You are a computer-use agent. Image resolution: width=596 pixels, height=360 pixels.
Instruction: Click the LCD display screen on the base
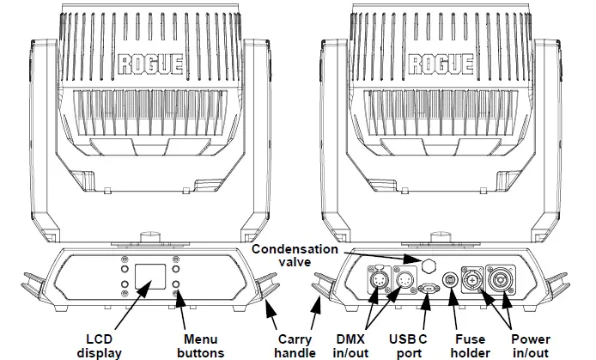tap(150, 277)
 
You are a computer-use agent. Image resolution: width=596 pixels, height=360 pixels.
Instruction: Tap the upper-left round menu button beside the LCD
tap(125, 269)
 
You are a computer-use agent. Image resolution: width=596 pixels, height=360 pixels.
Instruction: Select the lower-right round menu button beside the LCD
tap(175, 284)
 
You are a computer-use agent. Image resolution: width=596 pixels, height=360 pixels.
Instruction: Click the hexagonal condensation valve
tap(430, 265)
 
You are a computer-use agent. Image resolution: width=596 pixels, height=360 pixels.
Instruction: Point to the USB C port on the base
tap(428, 289)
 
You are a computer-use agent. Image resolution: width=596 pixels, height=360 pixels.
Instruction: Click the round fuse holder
tap(450, 280)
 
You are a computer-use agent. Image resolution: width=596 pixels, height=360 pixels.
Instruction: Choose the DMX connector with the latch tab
tap(379, 280)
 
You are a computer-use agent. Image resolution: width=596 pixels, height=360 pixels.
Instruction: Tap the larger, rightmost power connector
tap(501, 280)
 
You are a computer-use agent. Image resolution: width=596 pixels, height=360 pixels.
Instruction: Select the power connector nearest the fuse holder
tap(472, 280)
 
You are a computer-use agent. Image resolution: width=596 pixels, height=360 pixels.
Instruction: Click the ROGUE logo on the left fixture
tap(150, 64)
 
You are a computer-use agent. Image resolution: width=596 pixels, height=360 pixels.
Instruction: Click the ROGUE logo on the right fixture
tap(441, 64)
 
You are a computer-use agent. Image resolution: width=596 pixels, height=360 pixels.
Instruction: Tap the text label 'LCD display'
tap(100, 346)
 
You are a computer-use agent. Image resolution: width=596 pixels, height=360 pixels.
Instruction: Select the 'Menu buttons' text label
tap(201, 346)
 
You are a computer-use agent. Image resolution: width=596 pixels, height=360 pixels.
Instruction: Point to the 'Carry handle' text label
tap(295, 346)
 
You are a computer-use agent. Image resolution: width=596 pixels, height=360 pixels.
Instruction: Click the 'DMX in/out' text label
tap(350, 346)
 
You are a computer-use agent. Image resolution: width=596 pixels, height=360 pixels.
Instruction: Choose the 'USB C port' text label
tap(408, 346)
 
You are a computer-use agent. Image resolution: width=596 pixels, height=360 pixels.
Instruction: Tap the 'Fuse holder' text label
tap(471, 346)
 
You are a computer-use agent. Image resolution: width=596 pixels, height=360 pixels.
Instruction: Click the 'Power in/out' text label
tap(531, 346)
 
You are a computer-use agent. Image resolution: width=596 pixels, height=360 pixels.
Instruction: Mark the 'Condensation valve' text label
tap(295, 255)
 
